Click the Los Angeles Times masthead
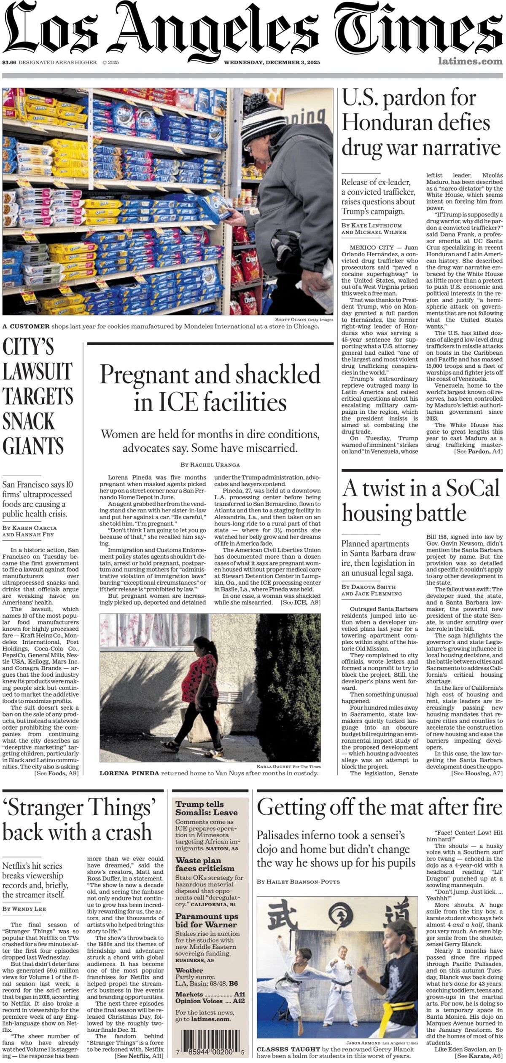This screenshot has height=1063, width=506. [x=253, y=32]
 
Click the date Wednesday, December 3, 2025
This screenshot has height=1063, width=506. [x=272, y=62]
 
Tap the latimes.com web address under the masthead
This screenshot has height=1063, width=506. [x=470, y=62]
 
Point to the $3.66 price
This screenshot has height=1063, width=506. [x=9, y=62]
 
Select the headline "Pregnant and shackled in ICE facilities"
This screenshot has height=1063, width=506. [x=210, y=387]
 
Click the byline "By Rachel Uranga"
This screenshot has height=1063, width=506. [x=210, y=465]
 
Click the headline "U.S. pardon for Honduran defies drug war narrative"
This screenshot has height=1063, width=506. [x=421, y=123]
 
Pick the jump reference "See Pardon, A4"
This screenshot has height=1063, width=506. [x=478, y=451]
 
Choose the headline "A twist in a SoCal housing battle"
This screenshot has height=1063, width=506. [x=421, y=501]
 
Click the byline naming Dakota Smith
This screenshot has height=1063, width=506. [x=369, y=586]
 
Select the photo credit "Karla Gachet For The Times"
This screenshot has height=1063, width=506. [x=288, y=766]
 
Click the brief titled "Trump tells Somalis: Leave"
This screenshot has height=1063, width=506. [x=206, y=809]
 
